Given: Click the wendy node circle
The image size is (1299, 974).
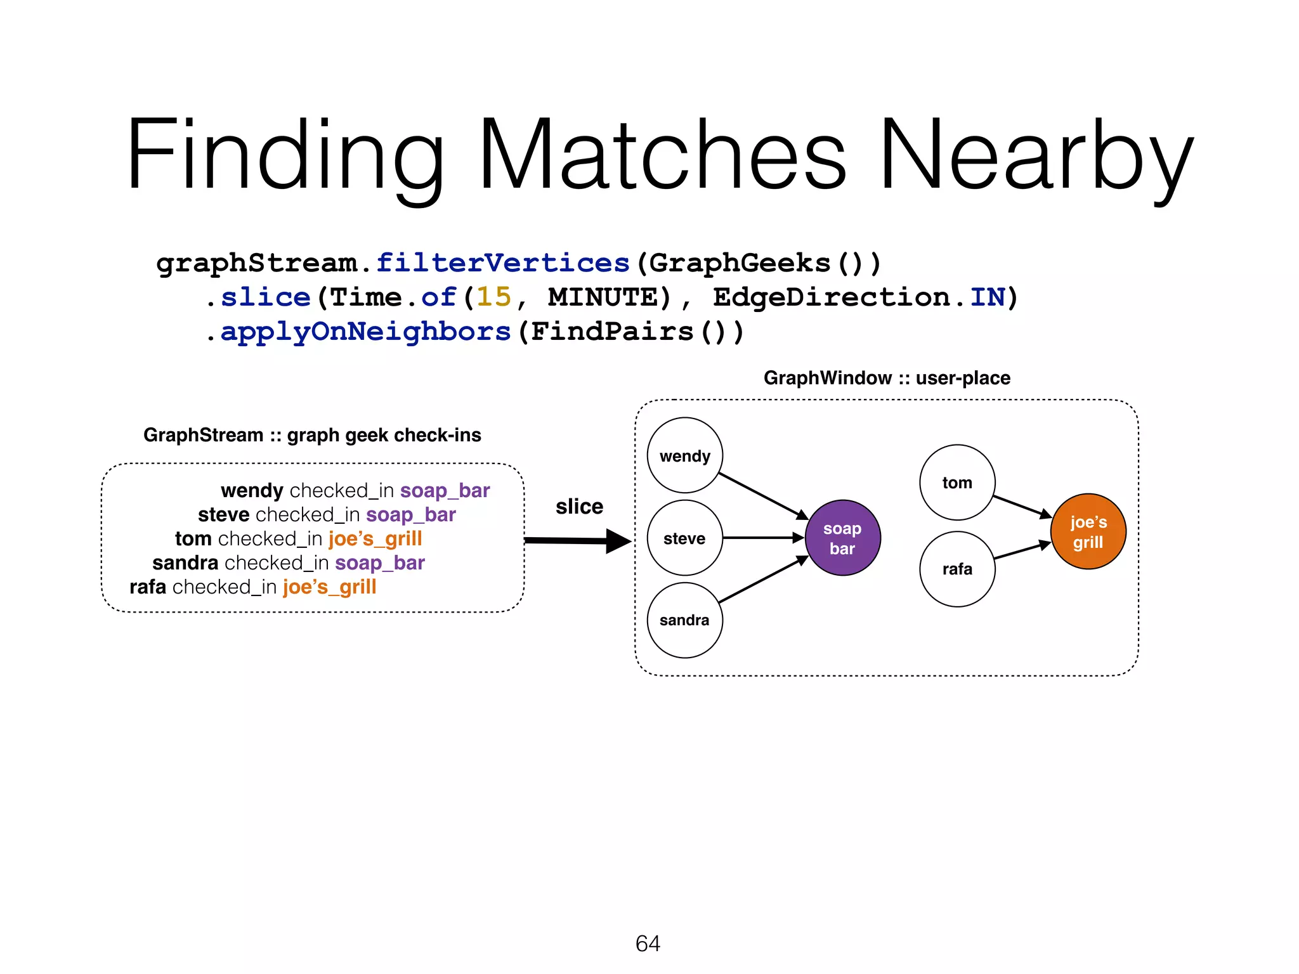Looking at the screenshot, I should (x=684, y=455).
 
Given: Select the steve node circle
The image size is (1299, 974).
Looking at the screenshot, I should (x=684, y=538).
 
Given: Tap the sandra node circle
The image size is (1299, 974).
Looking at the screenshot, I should (x=684, y=620).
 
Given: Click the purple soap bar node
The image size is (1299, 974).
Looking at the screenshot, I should (x=842, y=538).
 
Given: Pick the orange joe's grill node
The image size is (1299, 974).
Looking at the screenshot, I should (x=1088, y=531).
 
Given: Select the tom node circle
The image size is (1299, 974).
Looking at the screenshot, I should (x=956, y=483).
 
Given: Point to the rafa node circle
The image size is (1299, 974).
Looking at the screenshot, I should (x=956, y=569).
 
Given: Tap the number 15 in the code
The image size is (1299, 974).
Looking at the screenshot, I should (x=493, y=297).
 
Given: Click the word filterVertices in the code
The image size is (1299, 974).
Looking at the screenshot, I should (x=502, y=263).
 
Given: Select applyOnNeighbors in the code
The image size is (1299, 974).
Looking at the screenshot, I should (x=365, y=331).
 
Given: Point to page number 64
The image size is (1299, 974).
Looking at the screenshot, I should (x=648, y=944).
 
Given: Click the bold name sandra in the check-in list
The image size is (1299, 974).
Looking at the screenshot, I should (x=185, y=562).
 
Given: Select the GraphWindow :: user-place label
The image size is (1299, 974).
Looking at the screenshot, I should (x=886, y=378).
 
